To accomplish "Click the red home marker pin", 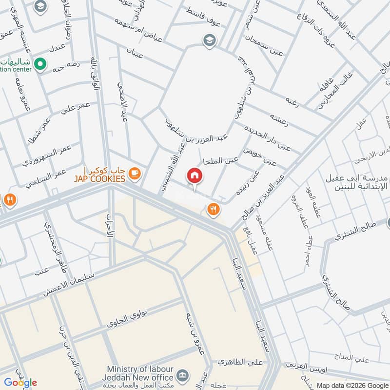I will (194, 176).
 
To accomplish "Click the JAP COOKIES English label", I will (99, 179).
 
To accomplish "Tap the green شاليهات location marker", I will (41, 63).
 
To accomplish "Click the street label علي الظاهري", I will (242, 362).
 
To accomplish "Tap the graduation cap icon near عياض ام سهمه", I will (209, 39).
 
